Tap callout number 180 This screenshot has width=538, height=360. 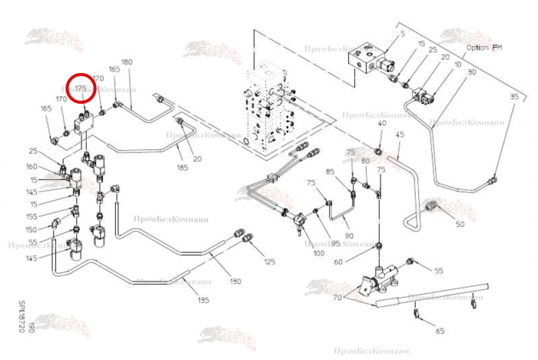point(127,62)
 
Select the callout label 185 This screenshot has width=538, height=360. point(183,167)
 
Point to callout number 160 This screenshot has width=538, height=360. point(32,167)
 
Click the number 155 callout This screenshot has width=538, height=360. point(31,218)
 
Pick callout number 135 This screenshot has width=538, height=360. point(204,300)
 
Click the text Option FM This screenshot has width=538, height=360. point(483,47)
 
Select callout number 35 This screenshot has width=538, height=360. point(514,96)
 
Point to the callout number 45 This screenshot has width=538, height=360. point(399,135)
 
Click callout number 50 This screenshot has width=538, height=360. point(460,225)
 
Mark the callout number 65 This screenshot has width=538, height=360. point(440,331)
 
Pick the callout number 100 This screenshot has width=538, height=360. point(317,253)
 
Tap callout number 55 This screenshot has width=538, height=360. point(439,271)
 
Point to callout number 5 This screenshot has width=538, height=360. point(401,35)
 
